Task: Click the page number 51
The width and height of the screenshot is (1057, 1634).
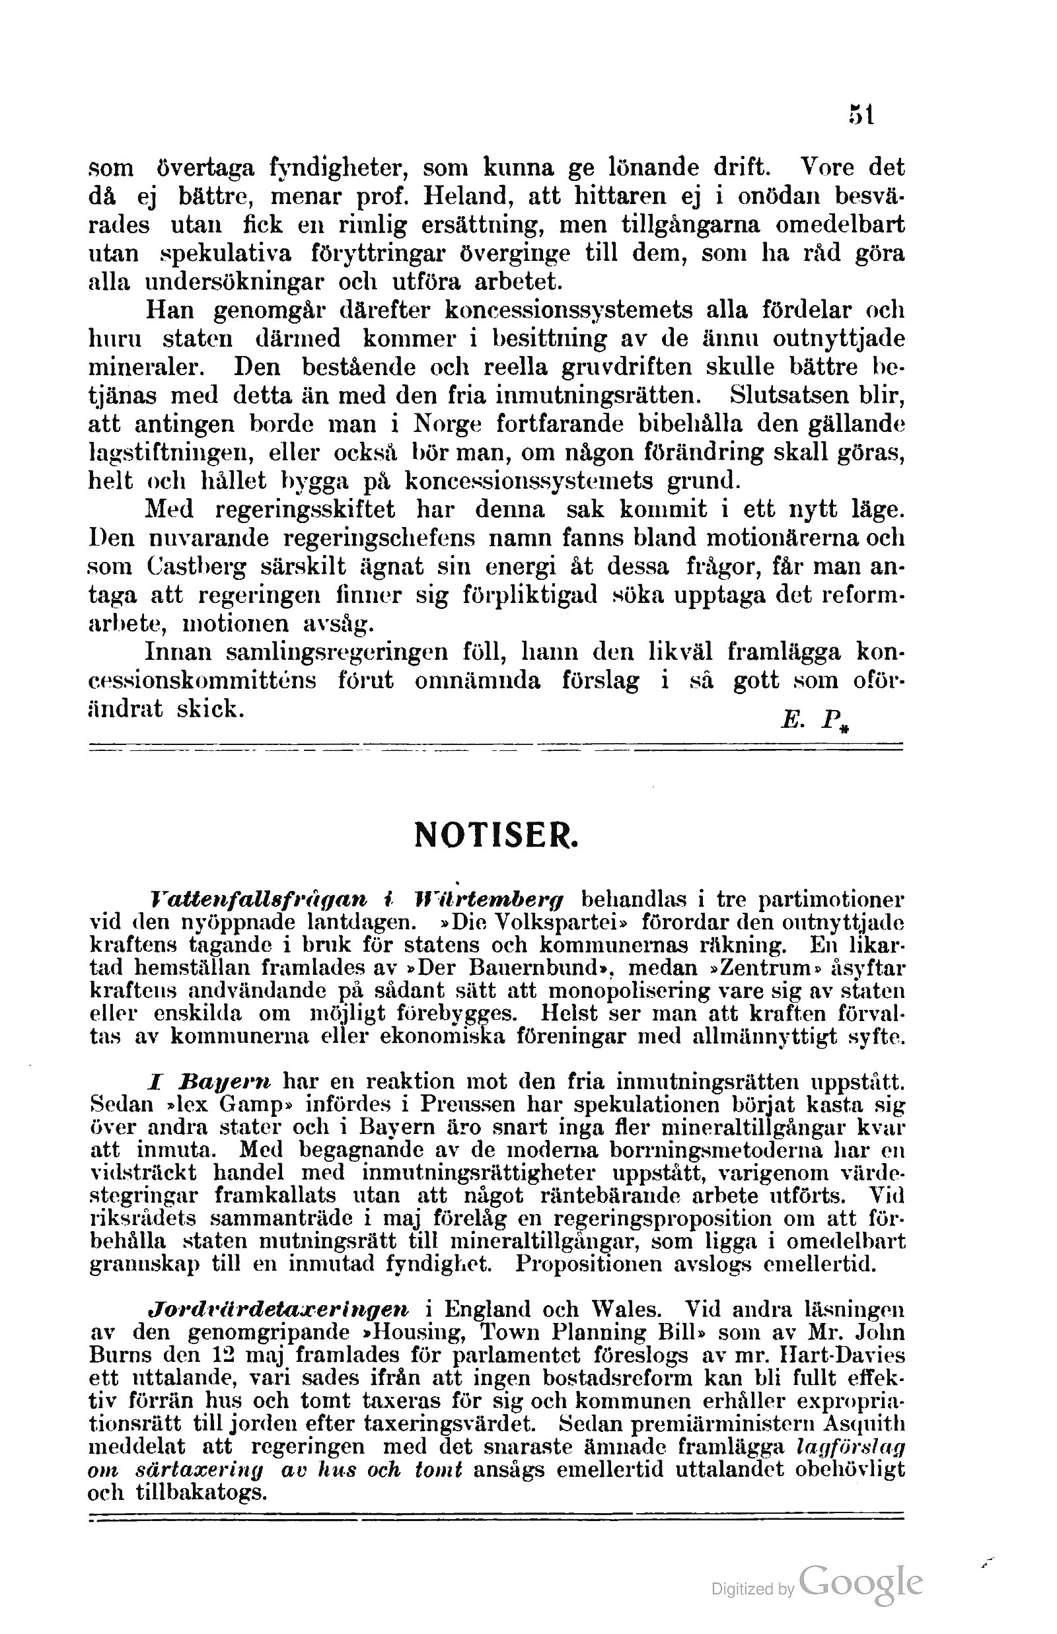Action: point(861,114)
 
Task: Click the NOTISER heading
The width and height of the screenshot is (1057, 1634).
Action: point(497,835)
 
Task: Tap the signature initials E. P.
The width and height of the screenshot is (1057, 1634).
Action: point(815,719)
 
